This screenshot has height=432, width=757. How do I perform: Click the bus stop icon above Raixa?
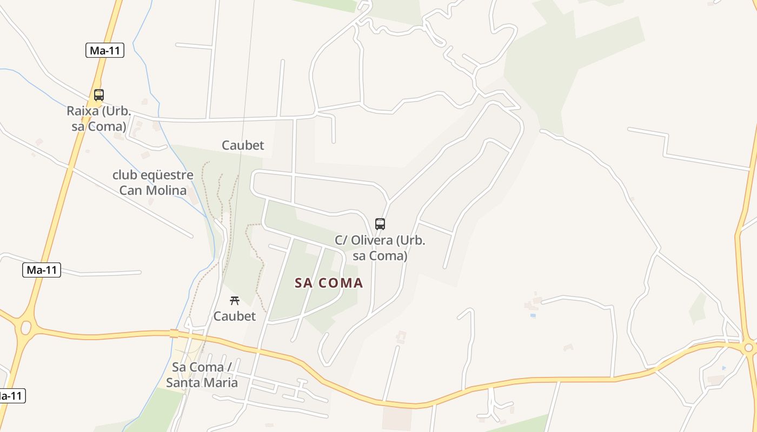point(98,95)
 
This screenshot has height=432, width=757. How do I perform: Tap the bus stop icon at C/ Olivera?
point(380,224)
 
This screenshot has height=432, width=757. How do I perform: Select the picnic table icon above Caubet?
point(234,301)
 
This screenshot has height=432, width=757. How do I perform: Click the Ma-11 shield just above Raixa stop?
point(105,51)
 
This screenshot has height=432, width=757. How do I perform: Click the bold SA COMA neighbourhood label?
point(329,283)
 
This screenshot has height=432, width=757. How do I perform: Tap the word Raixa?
point(83,111)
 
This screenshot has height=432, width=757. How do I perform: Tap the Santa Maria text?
point(202,383)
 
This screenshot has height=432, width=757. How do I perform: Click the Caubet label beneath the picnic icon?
point(234,316)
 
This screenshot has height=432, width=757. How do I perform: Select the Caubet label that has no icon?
point(243,145)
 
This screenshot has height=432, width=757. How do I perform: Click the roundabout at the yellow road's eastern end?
point(749,348)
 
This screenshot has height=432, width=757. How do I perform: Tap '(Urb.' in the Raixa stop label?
point(116,111)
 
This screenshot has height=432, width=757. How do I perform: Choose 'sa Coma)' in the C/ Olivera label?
point(380,255)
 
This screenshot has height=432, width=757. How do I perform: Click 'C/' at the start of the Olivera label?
point(341,240)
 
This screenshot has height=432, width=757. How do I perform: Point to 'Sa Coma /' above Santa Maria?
point(202,367)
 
